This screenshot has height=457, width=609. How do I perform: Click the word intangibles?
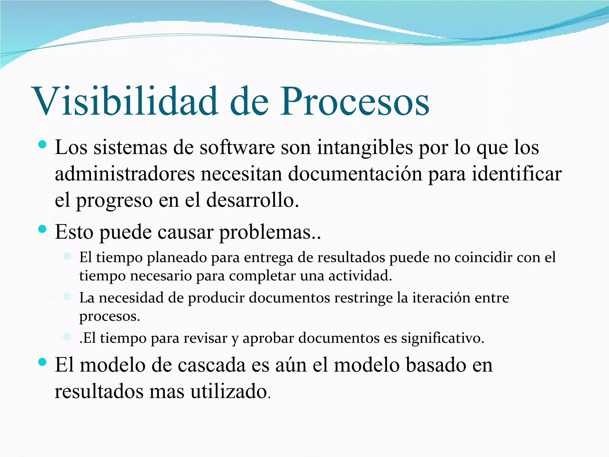pos(365,148)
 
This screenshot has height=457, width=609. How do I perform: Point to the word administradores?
pos(125,174)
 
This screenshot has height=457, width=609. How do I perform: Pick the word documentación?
pos(355,174)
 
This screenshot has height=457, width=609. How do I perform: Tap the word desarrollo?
pos(252,200)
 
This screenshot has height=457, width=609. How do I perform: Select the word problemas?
pos(269,232)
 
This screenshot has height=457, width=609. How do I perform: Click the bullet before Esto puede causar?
pos(43,229)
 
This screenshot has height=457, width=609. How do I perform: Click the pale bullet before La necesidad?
pos(68,296)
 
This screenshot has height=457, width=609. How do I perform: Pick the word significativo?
pos(442,338)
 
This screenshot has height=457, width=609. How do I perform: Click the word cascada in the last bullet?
pos(211,365)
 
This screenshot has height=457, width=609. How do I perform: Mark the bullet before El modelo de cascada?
pos(43,362)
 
